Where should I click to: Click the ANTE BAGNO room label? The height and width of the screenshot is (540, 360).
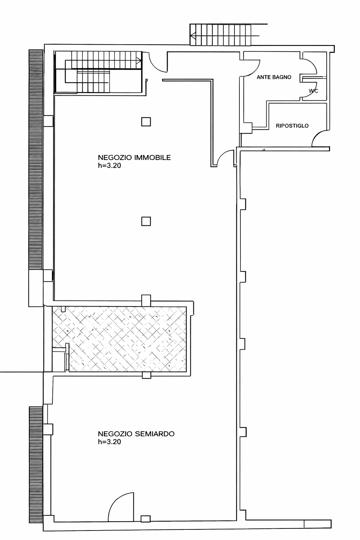point(274,77)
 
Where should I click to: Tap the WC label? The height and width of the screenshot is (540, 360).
point(313,91)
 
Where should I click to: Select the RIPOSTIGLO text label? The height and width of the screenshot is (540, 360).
point(292,126)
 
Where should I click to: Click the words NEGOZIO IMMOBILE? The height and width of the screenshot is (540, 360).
point(134,157)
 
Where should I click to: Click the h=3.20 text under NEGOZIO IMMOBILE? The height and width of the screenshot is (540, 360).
point(109,166)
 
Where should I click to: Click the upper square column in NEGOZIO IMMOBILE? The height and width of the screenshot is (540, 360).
point(146,122)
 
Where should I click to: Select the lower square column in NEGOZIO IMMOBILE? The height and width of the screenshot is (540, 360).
point(146,221)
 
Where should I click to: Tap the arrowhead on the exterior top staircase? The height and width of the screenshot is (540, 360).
point(193,36)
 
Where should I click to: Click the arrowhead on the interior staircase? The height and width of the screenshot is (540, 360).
point(139,60)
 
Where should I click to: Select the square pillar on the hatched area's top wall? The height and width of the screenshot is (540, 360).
point(146,301)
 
